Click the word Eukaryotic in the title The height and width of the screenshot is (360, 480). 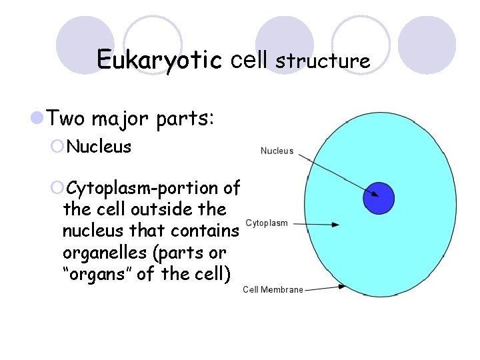click(159, 59)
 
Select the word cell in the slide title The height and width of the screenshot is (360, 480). click(249, 59)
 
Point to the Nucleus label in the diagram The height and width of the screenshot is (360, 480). click(277, 151)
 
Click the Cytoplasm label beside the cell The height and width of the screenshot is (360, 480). click(267, 223)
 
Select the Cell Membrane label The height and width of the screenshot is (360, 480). click(273, 289)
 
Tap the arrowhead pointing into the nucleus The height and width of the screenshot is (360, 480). click(375, 195)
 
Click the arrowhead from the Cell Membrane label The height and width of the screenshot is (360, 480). click(341, 287)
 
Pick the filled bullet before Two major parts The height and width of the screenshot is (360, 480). click(37, 119)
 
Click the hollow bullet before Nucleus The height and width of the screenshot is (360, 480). click(57, 146)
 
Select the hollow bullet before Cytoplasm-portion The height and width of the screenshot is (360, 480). click(57, 188)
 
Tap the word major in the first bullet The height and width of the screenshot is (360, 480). click(118, 120)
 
